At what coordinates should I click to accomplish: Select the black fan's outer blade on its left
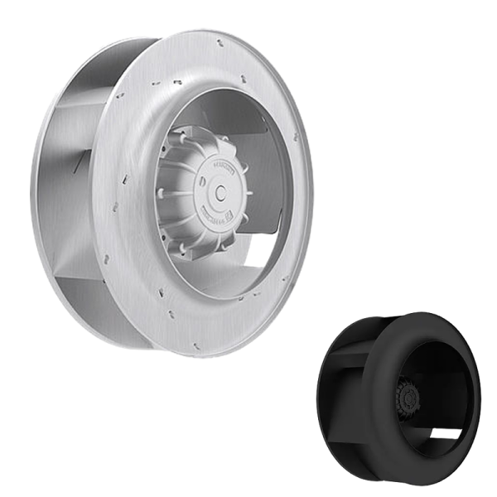[340, 389]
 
